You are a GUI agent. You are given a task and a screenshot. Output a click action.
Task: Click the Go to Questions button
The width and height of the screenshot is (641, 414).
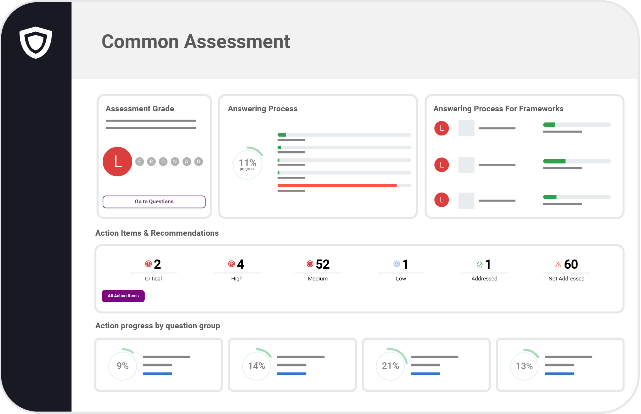coord(154,202)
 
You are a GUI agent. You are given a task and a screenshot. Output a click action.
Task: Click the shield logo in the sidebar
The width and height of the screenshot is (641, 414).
coord(36,42)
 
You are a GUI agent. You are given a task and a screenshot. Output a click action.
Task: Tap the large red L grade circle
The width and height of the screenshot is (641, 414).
coord(117,161)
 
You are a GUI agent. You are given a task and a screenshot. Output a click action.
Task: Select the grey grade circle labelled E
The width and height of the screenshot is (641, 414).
coord(140,162)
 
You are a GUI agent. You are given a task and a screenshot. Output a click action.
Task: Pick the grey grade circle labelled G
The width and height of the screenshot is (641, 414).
coord(199,162)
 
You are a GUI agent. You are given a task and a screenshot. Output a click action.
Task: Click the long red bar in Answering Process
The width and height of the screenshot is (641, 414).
coord(337,185)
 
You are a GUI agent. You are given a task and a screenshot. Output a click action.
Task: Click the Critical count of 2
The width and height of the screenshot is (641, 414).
coord(157,264)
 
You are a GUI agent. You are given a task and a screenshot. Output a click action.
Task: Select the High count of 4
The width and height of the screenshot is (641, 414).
coord(240,264)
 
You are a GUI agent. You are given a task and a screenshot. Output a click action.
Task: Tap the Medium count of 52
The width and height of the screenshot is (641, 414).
coord(323,264)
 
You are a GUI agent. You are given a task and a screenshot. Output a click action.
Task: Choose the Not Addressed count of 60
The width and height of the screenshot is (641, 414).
coord(571,264)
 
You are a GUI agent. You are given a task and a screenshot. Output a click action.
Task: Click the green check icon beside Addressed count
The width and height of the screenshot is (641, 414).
coord(480,265)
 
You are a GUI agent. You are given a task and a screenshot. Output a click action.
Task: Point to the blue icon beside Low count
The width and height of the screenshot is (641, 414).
coord(396,264)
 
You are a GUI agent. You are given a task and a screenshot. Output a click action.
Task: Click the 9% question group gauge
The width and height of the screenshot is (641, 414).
coord(122,366)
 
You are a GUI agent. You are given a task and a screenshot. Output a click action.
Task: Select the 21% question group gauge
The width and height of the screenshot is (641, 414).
coord(390,366)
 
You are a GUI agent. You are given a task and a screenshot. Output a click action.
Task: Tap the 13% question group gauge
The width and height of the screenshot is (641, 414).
coord(524,366)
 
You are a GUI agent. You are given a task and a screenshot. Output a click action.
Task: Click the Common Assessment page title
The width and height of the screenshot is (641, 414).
coord(196,42)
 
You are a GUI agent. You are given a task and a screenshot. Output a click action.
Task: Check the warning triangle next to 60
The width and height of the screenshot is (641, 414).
coord(558,265)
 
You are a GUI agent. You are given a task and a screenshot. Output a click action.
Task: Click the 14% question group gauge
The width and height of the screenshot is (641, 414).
coord(256,366)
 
